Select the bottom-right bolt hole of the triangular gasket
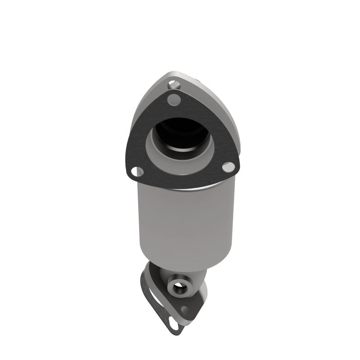click(x=229, y=166)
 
